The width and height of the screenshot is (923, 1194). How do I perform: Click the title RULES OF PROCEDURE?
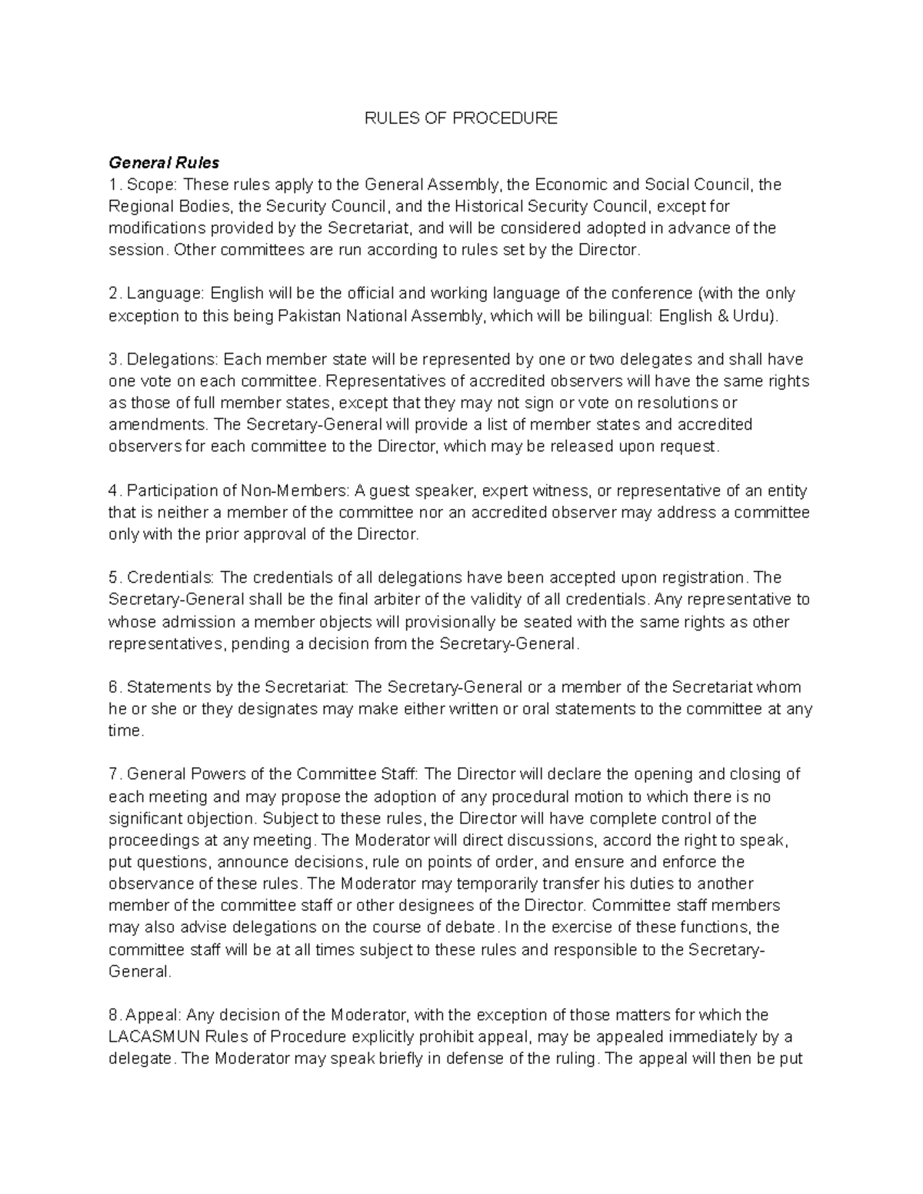[x=461, y=118]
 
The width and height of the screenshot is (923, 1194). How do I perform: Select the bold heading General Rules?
[x=164, y=163]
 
